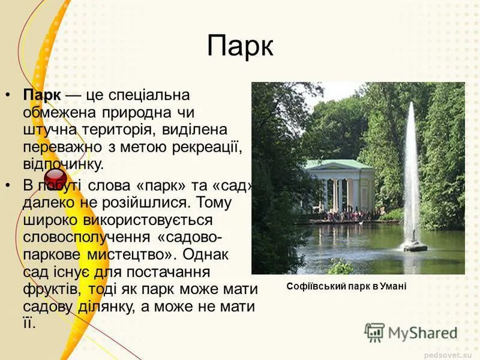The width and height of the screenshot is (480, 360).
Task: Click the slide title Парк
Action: point(240,47)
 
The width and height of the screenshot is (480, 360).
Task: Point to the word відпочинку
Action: point(63,163)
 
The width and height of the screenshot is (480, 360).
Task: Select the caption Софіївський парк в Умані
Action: point(346,287)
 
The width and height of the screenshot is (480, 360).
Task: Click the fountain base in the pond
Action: point(414,245)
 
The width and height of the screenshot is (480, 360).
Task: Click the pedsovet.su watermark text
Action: point(449,355)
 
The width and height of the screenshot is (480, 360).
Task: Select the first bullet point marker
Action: point(8,96)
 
